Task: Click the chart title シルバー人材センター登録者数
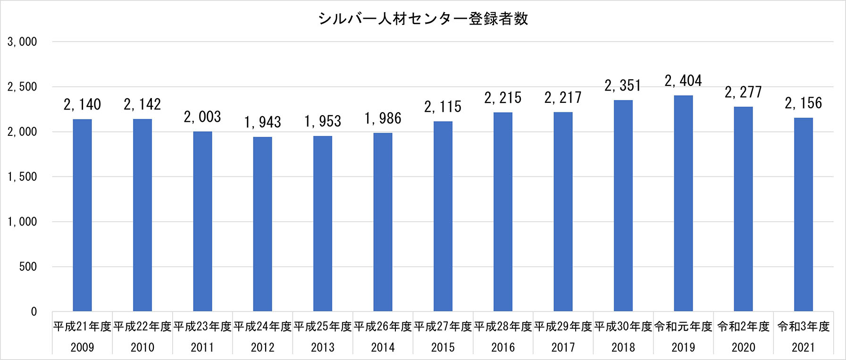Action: (423, 19)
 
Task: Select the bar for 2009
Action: (82, 215)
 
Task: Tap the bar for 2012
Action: (262, 224)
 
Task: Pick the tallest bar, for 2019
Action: (683, 203)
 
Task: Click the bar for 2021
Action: (803, 215)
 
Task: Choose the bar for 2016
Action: (503, 212)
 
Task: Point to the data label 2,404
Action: (683, 81)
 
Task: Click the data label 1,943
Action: (262, 123)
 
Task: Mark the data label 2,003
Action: (202, 117)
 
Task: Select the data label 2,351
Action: (623, 86)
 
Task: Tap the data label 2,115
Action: (443, 107)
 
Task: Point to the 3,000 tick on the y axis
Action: (22, 42)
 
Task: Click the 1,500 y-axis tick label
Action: (22, 177)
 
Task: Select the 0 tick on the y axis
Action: (34, 312)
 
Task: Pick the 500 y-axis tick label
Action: (28, 267)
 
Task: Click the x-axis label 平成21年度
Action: (82, 327)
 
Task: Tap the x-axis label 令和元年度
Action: (683, 327)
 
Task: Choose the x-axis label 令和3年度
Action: (803, 327)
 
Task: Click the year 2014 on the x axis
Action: (383, 348)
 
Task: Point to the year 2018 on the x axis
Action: (623, 348)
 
